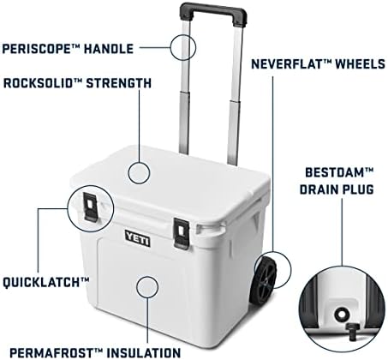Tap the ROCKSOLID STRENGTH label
click(x=78, y=83)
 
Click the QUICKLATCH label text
click(x=57, y=280)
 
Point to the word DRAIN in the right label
click(x=319, y=189)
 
